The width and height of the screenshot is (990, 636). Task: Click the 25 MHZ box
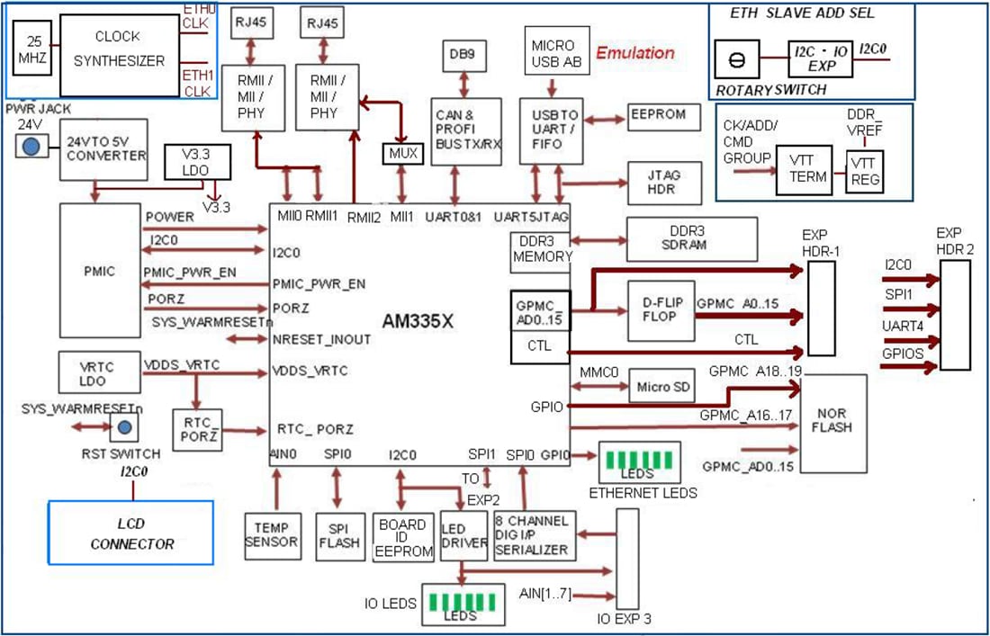33,51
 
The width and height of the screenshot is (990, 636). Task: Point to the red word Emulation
634,53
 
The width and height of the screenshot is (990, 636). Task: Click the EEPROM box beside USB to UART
658,115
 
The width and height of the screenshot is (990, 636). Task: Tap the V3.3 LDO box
197,163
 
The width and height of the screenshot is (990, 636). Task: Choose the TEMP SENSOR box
275,535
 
